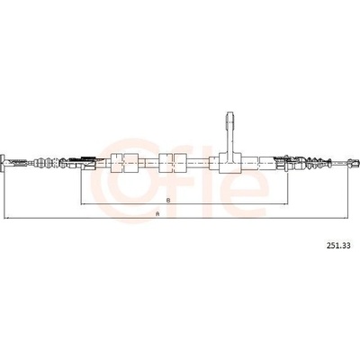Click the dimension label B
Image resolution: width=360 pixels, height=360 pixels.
tap(168, 200)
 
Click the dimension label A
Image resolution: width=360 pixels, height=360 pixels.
tap(157, 214)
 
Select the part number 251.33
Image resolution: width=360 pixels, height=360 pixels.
tap(337, 246)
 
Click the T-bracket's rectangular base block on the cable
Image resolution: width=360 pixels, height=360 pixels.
tap(230, 163)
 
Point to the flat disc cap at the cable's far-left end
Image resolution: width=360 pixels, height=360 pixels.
tap(2, 163)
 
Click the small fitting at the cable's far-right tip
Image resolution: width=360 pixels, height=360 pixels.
tap(353, 163)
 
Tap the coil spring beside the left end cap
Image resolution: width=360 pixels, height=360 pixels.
tap(17, 163)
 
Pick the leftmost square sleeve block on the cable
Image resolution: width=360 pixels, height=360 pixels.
tap(117, 163)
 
